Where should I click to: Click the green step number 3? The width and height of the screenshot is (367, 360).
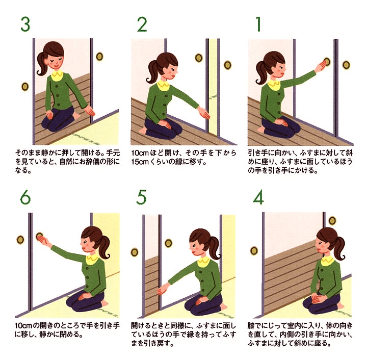coord(25,24)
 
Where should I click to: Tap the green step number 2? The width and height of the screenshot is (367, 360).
coord(142,24)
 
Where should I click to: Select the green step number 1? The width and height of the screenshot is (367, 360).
coord(258,24)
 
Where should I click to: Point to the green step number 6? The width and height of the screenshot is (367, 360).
coord(25,197)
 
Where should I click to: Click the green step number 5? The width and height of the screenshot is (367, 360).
coord(141,197)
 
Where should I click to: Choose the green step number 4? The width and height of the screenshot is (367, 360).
coord(258,197)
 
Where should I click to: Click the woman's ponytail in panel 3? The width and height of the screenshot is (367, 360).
coord(42,64)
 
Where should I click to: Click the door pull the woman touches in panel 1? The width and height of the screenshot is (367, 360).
coord(327,61)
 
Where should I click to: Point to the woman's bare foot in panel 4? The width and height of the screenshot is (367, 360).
coord(341,306)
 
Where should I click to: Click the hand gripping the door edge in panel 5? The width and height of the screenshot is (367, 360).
coord(162,290)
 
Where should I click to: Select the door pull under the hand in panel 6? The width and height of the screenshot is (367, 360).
coord(39,237)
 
